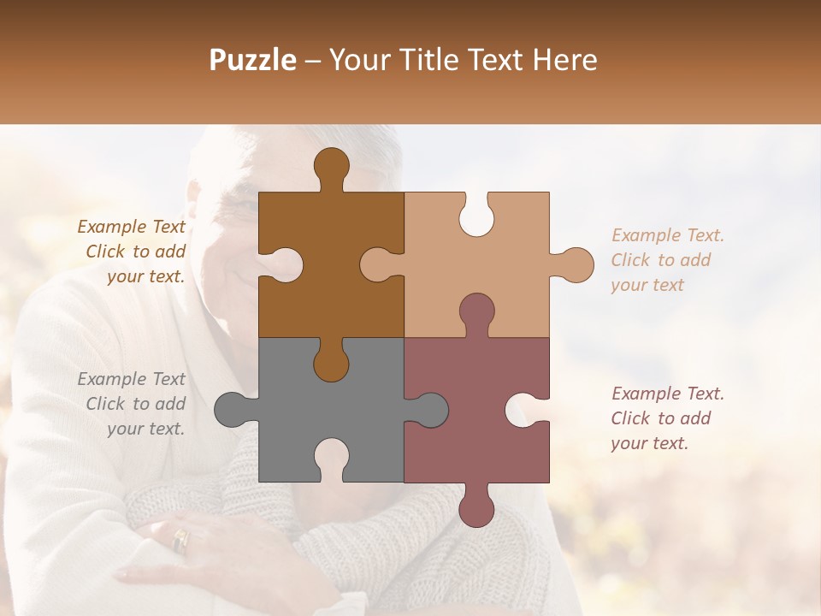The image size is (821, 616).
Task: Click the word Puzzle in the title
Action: [253, 60]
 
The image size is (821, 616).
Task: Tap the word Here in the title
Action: [564, 60]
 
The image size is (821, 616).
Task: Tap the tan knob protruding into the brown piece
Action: [378, 265]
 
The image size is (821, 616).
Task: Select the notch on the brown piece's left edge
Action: [280, 265]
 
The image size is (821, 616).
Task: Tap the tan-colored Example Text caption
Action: [666, 260]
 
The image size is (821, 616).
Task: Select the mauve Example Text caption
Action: [666, 418]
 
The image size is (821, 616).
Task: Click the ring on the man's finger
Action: [180, 539]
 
